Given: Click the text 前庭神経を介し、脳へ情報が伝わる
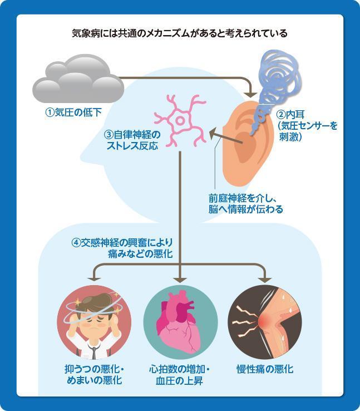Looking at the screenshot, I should coord(241,203).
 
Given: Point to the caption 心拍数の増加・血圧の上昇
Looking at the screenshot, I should coord(180,375).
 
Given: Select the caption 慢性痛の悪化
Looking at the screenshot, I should coord(265,369).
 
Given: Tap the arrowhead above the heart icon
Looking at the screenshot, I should coord(180,278).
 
